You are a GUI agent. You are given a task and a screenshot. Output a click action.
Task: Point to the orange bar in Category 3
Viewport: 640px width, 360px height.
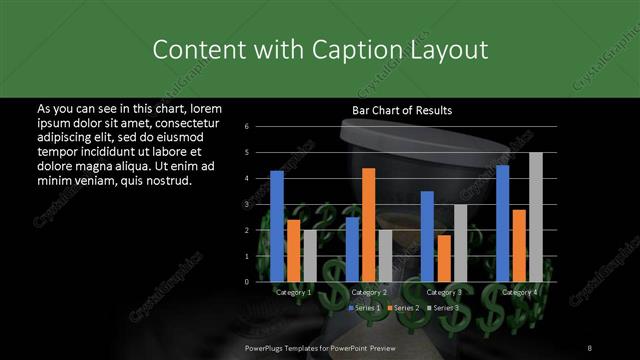click(443, 259)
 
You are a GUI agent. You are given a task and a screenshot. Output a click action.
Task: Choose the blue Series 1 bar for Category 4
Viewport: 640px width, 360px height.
click(503, 224)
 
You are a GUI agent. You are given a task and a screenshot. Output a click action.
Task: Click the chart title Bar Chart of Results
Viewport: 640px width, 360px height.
click(402, 110)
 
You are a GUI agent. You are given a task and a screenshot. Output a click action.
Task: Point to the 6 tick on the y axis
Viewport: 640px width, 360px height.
click(261, 127)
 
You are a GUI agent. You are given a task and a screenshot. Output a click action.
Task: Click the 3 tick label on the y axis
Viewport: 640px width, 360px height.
click(261, 205)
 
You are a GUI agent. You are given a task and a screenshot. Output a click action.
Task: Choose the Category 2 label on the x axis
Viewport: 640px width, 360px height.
click(369, 292)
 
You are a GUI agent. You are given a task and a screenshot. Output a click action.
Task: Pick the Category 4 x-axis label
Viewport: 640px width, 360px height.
click(519, 292)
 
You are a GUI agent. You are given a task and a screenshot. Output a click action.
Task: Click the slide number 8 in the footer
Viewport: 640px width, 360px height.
click(590, 346)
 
